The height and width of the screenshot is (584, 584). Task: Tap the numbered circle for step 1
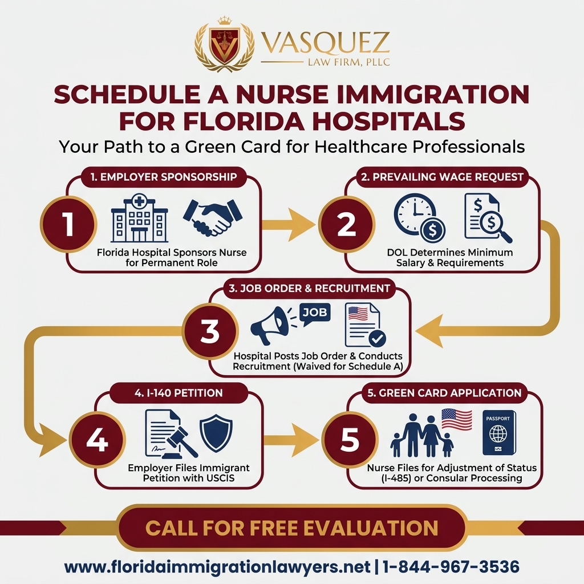(68, 224)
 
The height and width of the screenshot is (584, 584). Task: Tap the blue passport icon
(498, 432)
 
